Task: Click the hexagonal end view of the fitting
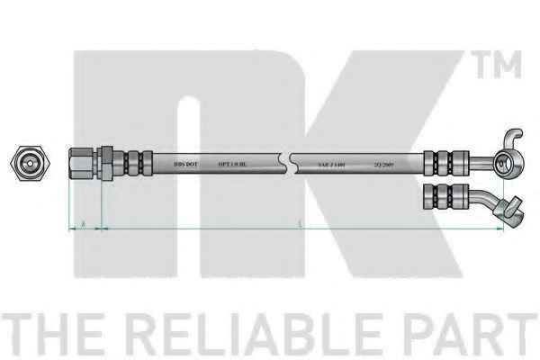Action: point(26,164)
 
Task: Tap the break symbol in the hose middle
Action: point(286,163)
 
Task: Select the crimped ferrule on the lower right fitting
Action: point(447,195)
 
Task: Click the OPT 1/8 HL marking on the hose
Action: point(231,164)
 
